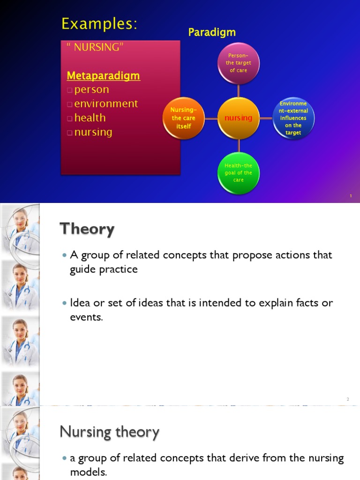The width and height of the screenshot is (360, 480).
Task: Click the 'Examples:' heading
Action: coord(99,23)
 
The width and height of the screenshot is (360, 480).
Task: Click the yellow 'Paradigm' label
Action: coord(212,32)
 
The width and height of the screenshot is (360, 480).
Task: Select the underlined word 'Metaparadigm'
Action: coord(103,75)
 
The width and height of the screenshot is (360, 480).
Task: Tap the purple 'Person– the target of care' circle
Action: coord(239,63)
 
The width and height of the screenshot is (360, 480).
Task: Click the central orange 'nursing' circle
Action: coord(239,118)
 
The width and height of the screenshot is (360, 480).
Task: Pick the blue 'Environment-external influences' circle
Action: coord(293,118)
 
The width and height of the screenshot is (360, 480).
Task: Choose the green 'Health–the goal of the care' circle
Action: coord(239,173)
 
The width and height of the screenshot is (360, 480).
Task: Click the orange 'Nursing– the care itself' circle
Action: coord(183,118)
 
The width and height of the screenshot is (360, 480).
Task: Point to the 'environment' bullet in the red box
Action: coord(106,104)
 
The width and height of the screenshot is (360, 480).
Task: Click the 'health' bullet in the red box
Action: coord(90,118)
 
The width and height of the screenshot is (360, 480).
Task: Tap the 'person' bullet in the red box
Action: coord(91,90)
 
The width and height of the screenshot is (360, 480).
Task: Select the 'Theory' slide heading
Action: coord(87,229)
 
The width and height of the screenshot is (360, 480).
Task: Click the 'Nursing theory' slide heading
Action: coord(110,432)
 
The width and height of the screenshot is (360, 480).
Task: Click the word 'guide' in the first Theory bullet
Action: coord(83,270)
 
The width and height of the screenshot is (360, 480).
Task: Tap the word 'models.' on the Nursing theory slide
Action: coord(89,472)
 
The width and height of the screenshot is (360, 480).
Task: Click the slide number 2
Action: coord(348,399)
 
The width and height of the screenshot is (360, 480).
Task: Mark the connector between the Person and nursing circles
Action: coord(239,90)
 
